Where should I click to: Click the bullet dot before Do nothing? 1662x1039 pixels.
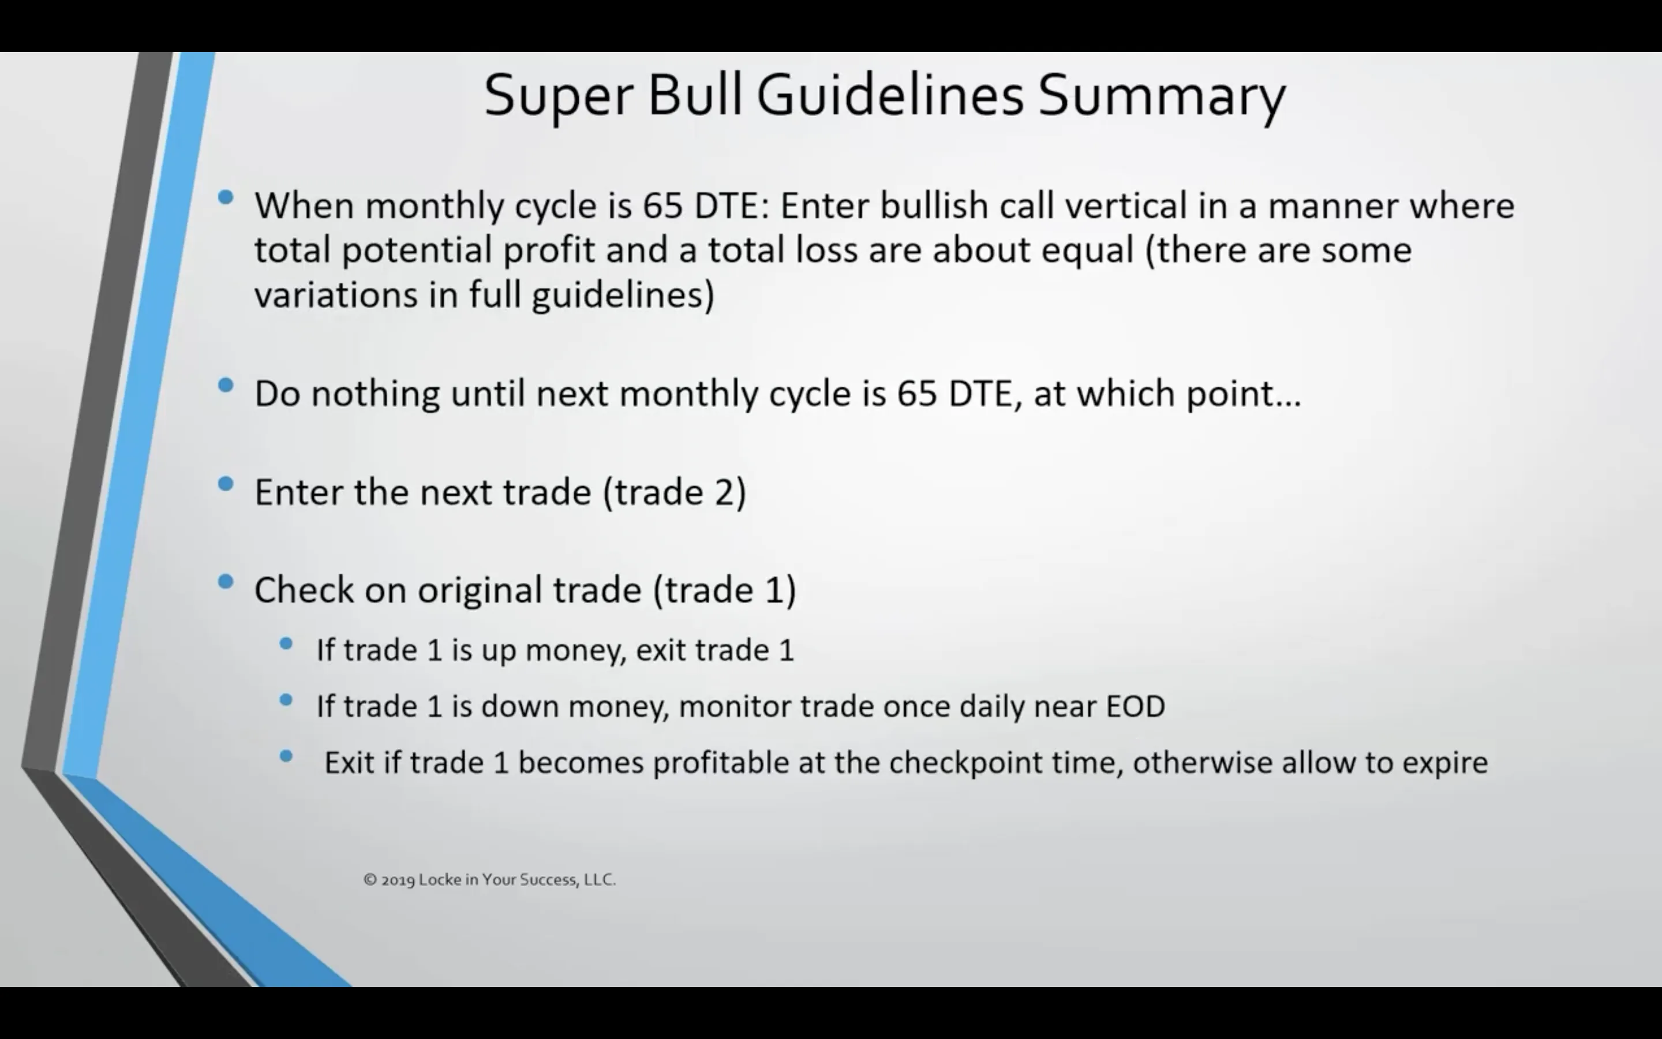tap(225, 386)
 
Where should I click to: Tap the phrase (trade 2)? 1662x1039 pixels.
tap(675, 492)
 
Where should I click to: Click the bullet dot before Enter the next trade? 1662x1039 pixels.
tap(225, 484)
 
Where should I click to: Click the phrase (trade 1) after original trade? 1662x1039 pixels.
tap(725, 589)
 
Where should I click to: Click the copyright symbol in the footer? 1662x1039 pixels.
tap(370, 880)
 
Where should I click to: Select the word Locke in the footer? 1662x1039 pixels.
tap(440, 880)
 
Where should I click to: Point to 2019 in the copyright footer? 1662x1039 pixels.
tap(398, 880)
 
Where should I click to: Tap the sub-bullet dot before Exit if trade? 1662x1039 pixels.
tap(286, 757)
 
